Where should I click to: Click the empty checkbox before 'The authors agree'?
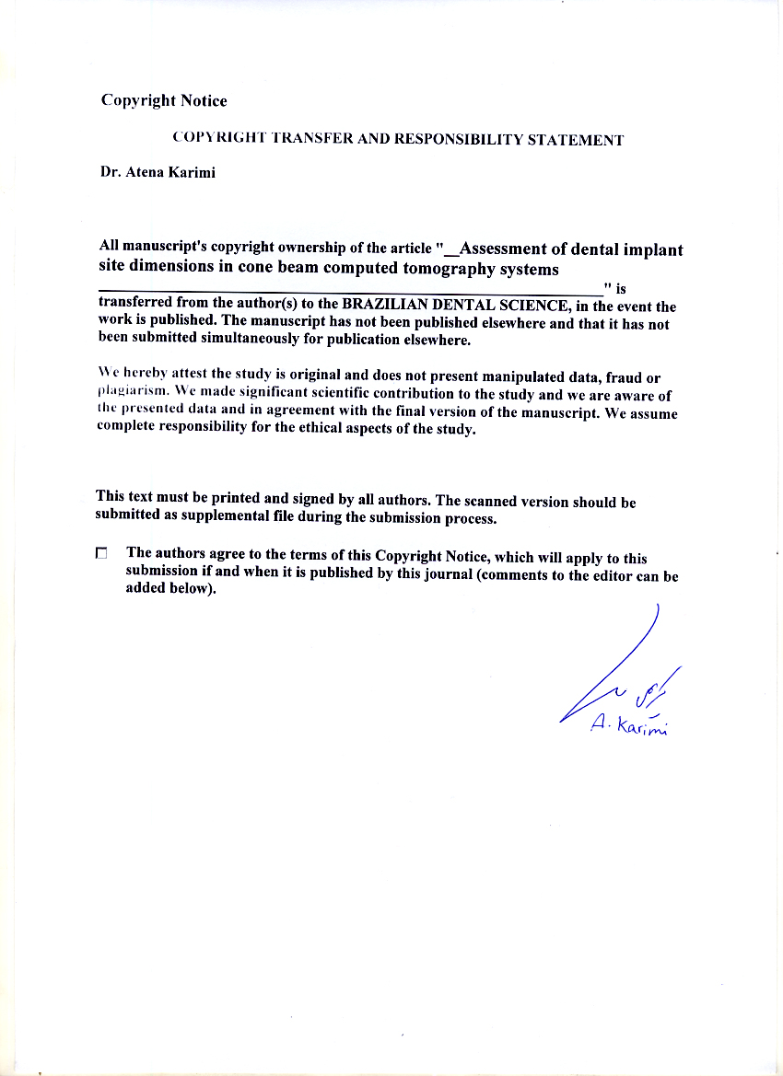click(x=101, y=553)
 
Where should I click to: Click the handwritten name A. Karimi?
click(x=629, y=726)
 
